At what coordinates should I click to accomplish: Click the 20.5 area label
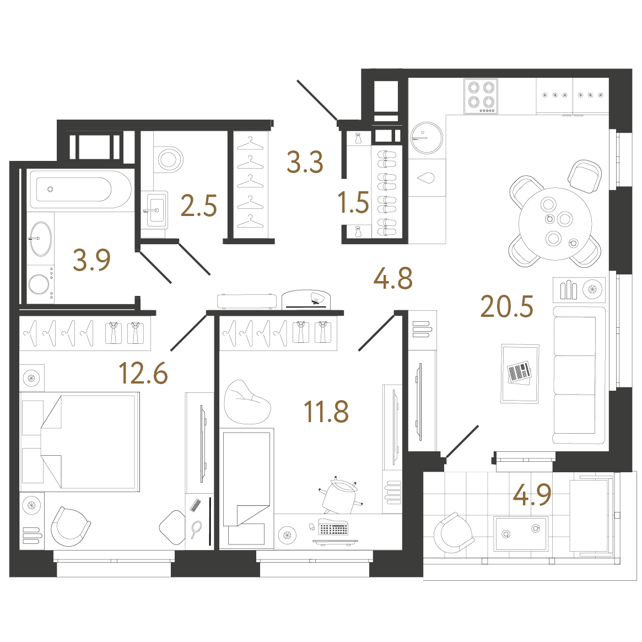[x=507, y=306]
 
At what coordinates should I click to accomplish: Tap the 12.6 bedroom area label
[x=143, y=373]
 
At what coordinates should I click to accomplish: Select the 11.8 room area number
[x=326, y=412]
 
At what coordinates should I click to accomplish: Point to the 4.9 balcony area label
[x=532, y=495]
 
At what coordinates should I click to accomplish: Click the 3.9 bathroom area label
[x=91, y=260]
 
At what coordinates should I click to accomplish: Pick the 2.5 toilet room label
[x=198, y=206]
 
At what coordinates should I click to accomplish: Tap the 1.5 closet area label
[x=353, y=202]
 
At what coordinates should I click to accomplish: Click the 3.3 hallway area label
[x=305, y=161]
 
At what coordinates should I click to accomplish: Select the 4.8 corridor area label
[x=393, y=278]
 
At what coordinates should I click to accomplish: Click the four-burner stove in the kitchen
[x=481, y=96]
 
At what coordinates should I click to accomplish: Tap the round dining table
[x=555, y=224]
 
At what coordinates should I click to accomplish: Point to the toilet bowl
[x=169, y=159]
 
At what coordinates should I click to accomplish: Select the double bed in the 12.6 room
[x=80, y=442]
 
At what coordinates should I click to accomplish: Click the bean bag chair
[x=247, y=402]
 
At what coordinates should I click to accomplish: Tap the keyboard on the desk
[x=333, y=527]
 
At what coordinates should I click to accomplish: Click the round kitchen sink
[x=427, y=138]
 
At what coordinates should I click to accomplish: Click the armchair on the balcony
[x=452, y=533]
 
